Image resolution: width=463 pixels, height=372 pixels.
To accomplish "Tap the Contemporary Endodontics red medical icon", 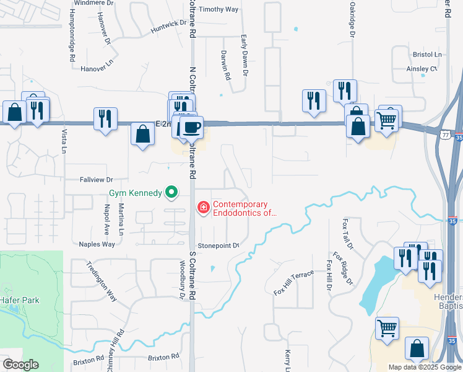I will (x=202, y=208).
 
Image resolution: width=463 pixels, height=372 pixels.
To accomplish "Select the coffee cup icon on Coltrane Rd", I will (x=191, y=126).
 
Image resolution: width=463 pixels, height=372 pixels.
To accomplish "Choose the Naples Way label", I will (x=97, y=244).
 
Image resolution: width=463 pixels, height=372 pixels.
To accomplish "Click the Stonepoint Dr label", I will (x=219, y=245).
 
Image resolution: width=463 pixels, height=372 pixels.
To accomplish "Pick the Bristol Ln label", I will (x=426, y=55).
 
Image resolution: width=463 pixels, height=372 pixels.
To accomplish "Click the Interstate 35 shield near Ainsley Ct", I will (x=457, y=133).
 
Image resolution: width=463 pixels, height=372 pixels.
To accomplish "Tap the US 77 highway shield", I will (x=446, y=133).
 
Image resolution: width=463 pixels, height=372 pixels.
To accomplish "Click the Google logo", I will (x=20, y=365).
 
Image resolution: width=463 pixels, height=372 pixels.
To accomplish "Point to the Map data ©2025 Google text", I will (x=424, y=367).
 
